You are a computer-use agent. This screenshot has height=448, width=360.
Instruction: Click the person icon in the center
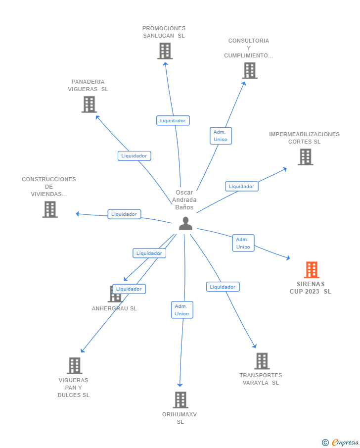185,224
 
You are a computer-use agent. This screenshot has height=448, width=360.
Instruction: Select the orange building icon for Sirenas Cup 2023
311,270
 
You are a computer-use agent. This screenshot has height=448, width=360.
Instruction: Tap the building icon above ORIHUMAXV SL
180,399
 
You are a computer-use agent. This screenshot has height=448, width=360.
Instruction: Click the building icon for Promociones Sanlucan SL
165,51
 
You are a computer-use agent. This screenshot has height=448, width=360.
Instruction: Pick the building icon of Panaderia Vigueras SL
89,104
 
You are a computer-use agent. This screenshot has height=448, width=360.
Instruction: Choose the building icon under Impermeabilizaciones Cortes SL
305,157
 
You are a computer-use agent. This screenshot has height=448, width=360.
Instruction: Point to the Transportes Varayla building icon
262,361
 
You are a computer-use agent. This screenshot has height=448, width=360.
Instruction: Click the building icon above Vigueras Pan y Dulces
74,366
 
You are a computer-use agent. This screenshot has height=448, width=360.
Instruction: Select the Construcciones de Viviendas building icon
50,209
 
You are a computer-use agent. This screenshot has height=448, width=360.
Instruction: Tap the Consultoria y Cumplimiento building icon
250,71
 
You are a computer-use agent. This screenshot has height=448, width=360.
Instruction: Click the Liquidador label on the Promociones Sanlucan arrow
173,120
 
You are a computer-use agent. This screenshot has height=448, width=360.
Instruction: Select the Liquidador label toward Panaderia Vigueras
134,155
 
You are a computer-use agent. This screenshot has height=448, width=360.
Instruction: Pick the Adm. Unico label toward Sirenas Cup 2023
243,243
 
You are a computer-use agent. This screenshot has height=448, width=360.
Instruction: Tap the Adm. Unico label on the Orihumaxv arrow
182,310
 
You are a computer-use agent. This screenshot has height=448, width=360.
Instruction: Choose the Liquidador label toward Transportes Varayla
223,287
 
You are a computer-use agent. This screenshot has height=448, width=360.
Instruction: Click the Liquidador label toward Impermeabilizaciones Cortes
241,187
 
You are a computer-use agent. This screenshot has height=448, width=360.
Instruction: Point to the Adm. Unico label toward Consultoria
221,136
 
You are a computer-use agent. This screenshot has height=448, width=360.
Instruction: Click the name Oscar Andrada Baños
184,200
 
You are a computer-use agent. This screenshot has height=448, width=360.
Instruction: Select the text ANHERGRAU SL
114,308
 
